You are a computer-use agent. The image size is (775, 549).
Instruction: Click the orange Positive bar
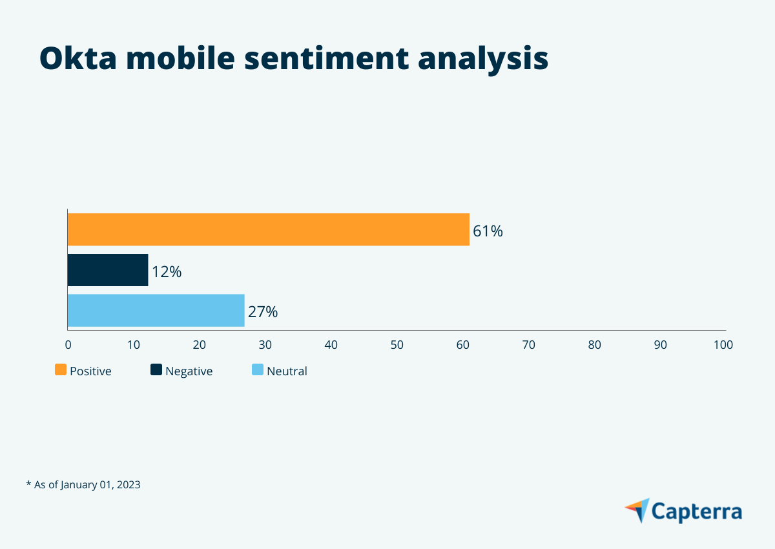pyautogui.click(x=268, y=229)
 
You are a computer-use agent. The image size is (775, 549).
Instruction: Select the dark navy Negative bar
pyautogui.click(x=108, y=270)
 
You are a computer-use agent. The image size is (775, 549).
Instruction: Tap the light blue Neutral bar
pyautogui.click(x=156, y=311)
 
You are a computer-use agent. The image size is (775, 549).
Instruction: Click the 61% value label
pyautogui.click(x=488, y=231)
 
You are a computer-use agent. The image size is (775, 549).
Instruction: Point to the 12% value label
pyautogui.click(x=167, y=272)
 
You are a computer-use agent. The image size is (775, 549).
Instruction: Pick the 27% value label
pyautogui.click(x=263, y=313)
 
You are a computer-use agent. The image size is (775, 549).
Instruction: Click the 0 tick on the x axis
pyautogui.click(x=68, y=345)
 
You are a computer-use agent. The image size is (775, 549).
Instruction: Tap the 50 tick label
pyautogui.click(x=397, y=345)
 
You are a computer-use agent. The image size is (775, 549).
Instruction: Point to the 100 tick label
pyautogui.click(x=723, y=345)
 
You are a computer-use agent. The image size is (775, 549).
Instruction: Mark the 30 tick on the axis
pyautogui.click(x=265, y=345)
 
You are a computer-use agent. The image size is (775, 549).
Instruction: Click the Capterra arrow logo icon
pyautogui.click(x=637, y=510)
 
